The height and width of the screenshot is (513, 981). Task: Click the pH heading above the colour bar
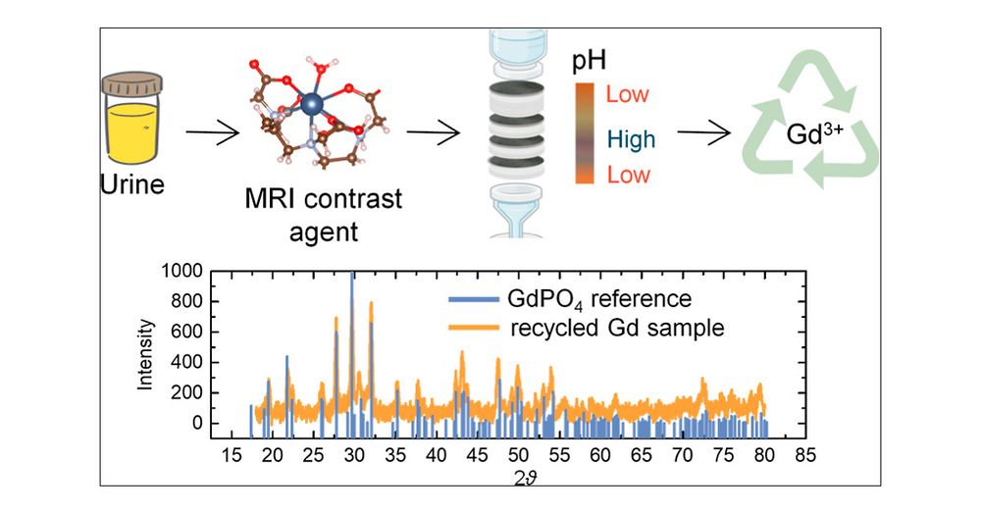coord(590,61)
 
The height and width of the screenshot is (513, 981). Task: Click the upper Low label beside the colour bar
coord(628,95)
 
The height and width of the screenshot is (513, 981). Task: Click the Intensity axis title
coord(146,353)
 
